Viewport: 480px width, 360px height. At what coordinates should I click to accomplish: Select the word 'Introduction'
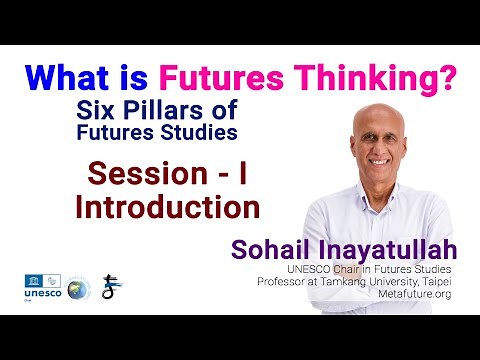167,207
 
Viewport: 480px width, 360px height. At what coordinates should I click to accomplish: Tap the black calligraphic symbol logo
112,286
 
